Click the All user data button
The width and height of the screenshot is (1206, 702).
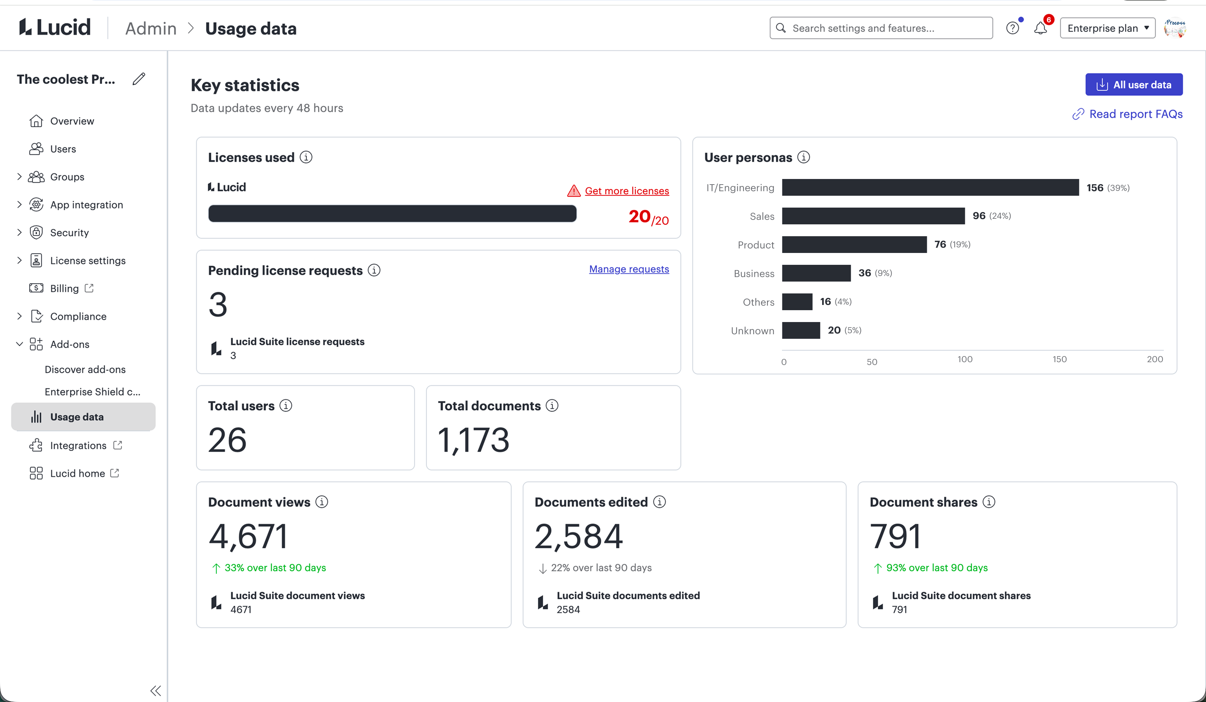(1133, 85)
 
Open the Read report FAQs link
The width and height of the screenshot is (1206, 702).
(1135, 114)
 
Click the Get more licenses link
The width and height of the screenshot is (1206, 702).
(626, 191)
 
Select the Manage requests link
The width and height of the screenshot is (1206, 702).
(628, 269)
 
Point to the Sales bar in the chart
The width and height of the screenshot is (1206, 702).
(873, 216)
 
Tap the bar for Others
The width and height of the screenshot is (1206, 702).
(797, 302)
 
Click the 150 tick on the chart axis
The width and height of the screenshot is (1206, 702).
(1059, 359)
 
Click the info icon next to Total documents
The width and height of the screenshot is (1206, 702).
(552, 406)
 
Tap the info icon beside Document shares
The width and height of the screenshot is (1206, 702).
(989, 502)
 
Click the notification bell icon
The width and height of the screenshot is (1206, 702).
(1040, 28)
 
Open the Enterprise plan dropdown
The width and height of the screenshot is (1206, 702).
(1107, 28)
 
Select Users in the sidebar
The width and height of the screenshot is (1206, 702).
(63, 149)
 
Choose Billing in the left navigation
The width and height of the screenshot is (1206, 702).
(64, 289)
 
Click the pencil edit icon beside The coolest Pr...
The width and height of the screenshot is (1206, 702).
(139, 79)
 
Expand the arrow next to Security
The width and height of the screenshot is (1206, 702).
(19, 233)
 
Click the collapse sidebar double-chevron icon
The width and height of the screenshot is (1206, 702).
(156, 690)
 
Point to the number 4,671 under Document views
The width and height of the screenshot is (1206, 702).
(248, 536)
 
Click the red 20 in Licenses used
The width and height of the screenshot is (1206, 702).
(639, 217)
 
